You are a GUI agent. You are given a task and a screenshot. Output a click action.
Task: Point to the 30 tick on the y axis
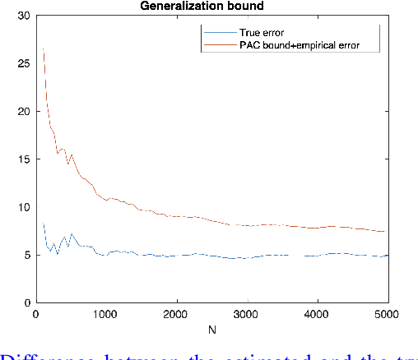(x=24, y=16)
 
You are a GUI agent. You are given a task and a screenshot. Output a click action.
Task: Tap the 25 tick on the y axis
(x=24, y=63)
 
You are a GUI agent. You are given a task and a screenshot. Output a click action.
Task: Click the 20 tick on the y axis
(x=24, y=112)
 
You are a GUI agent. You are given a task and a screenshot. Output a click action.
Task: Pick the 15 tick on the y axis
(x=24, y=159)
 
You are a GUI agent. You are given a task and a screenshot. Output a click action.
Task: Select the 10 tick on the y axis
(x=24, y=207)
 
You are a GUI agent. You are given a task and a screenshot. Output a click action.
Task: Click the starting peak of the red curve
(x=43, y=50)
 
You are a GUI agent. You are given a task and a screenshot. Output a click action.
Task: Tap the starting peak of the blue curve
(x=43, y=224)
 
